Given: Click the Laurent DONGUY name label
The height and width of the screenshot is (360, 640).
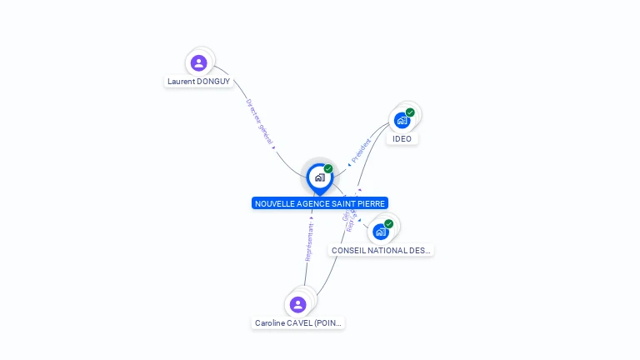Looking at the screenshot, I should tap(198, 82).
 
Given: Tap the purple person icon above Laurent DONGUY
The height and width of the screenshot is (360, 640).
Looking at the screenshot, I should tap(198, 62).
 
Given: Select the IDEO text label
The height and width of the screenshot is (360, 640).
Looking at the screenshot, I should tap(402, 138).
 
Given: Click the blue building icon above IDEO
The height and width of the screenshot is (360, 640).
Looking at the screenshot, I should tap(402, 120).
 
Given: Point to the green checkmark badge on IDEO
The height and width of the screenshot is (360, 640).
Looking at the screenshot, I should tap(410, 112).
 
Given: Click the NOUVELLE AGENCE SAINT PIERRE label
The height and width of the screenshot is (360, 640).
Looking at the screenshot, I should tap(320, 203).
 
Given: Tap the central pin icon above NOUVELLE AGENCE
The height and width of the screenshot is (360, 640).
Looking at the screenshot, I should tap(319, 177).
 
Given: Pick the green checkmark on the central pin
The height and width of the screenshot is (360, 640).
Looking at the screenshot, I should tap(328, 169).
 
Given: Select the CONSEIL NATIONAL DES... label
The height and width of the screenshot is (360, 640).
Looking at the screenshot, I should tap(382, 250).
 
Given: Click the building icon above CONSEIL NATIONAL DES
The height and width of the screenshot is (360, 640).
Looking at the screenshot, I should tap(381, 232).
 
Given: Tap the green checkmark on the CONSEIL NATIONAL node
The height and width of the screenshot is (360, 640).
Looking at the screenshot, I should tap(388, 224).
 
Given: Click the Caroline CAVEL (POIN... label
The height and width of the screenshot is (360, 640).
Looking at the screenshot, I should tap(298, 323).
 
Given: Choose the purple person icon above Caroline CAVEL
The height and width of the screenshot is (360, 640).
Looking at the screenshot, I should tap(298, 305).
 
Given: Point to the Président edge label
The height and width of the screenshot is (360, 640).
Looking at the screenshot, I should tap(360, 150).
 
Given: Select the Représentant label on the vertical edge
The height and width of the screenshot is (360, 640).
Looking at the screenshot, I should tap(309, 242).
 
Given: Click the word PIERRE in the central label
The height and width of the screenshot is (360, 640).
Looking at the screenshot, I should tap(372, 203).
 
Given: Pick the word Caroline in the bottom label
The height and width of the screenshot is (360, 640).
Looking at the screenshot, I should tap(271, 323).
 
